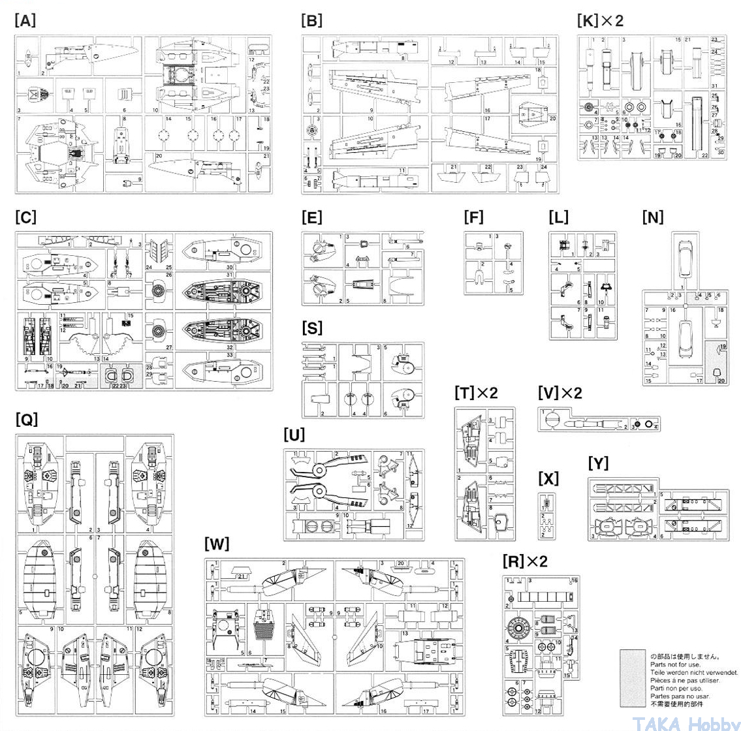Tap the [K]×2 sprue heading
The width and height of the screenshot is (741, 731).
tap(601, 20)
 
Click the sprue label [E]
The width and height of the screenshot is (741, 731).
tap(312, 217)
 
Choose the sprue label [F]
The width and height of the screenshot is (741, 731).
tap(474, 217)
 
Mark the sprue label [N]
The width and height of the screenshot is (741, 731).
tap(653, 217)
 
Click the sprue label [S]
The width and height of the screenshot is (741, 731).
tap(312, 328)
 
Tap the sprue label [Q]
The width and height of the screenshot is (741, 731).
tap(26, 419)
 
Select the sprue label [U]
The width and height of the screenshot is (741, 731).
tap(294, 434)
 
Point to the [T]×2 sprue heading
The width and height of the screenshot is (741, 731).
tap(477, 393)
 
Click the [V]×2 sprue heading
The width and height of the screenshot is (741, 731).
tap(560, 393)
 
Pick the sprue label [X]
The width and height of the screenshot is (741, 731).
tap(548, 478)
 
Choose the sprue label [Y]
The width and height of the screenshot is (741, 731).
tap(598, 463)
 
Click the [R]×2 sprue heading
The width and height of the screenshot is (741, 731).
tap(525, 561)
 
